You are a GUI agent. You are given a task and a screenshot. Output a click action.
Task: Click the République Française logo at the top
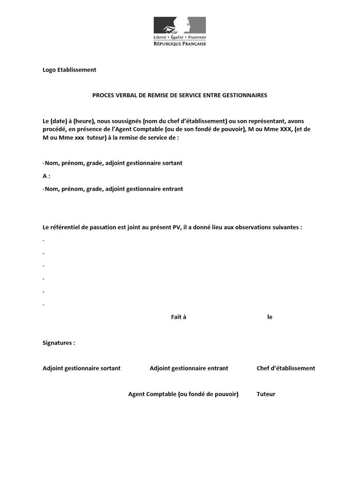click(x=180, y=31)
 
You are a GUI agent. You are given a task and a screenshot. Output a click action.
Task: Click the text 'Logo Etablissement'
click(x=69, y=70)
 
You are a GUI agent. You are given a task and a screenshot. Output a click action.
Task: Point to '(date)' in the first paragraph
click(x=59, y=121)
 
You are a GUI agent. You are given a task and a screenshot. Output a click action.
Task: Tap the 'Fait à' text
click(x=179, y=317)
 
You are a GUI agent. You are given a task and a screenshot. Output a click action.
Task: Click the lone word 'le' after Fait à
click(x=270, y=317)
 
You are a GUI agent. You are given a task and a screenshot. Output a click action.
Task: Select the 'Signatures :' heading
click(x=59, y=343)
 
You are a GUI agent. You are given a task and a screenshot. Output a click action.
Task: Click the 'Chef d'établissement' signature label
click(x=286, y=368)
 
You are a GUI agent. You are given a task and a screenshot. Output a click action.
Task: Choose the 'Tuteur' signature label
click(x=266, y=394)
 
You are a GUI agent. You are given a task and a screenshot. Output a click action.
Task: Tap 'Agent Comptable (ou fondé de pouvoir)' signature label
click(x=183, y=394)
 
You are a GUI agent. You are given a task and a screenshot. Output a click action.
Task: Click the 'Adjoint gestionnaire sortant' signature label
click(x=82, y=368)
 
